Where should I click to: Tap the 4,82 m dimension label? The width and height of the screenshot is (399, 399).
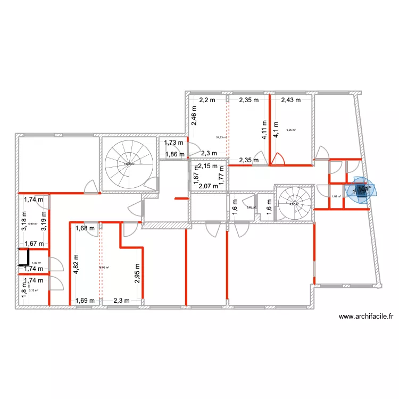click(x=77, y=264)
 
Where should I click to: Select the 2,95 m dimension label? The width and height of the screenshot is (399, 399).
click(x=137, y=273)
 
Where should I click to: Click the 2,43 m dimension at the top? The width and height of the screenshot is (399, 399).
click(x=290, y=99)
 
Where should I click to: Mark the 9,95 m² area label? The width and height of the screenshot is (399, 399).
click(x=291, y=129)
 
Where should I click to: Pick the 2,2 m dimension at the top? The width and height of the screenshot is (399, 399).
click(x=207, y=99)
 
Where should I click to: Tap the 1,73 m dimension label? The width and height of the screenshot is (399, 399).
click(x=174, y=143)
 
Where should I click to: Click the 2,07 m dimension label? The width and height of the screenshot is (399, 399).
click(x=208, y=186)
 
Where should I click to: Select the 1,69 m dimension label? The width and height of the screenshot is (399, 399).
click(x=85, y=301)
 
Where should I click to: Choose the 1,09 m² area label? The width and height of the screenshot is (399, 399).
click(x=336, y=197)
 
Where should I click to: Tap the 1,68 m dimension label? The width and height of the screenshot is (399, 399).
click(x=84, y=229)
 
